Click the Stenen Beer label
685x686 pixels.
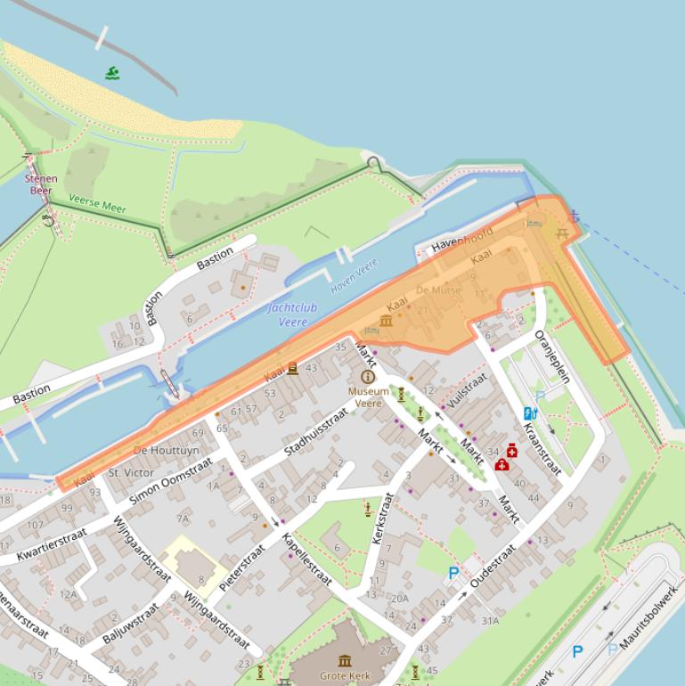click(x=41, y=184)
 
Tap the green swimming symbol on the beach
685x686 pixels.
click(x=112, y=73)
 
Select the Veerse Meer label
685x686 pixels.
click(x=97, y=205)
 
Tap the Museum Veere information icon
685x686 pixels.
click(x=368, y=377)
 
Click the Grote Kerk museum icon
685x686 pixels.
click(x=345, y=660)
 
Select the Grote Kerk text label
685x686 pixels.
click(x=346, y=675)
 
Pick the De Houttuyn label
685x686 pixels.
click(x=167, y=451)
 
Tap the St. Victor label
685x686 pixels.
click(x=131, y=472)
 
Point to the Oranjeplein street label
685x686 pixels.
click(x=552, y=356)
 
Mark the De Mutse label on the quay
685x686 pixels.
click(x=438, y=290)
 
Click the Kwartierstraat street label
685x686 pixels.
click(x=53, y=543)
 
